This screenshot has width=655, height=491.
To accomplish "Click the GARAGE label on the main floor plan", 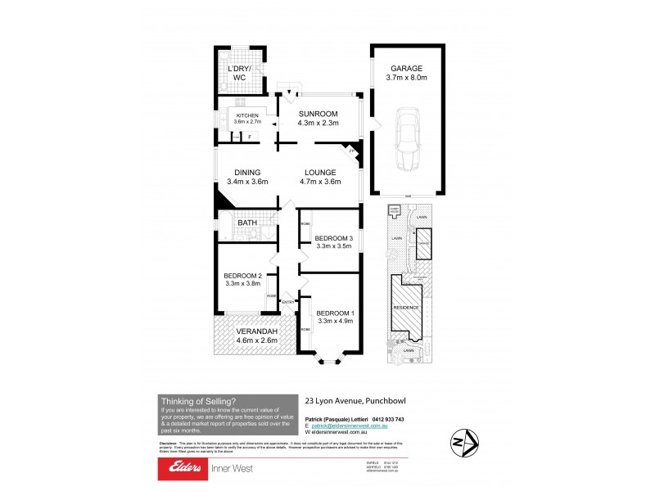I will [x=406, y=68].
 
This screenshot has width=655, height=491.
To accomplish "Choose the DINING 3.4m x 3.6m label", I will [x=246, y=173].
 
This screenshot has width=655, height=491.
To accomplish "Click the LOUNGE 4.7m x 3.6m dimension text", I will [x=321, y=184].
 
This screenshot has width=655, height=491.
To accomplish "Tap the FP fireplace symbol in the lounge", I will [x=352, y=151].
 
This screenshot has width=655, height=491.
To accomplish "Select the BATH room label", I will [x=246, y=223].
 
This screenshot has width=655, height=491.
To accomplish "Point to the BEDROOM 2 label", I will [x=242, y=275].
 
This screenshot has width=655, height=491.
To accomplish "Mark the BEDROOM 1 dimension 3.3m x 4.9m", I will [x=334, y=322].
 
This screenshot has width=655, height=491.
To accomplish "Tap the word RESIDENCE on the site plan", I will [x=407, y=308].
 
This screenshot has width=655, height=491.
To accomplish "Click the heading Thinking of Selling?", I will [x=199, y=401].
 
